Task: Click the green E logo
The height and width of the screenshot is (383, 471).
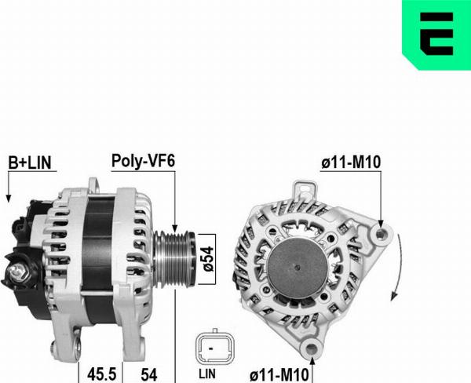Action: (x=436, y=33)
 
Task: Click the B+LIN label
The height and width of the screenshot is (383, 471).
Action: (x=29, y=162)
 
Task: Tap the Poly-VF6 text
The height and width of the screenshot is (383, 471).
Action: (x=142, y=161)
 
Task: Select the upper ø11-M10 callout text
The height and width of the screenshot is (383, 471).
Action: (x=351, y=162)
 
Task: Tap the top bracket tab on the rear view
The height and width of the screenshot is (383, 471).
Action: (x=302, y=190)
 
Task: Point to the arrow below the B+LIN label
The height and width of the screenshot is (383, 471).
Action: (x=8, y=188)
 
